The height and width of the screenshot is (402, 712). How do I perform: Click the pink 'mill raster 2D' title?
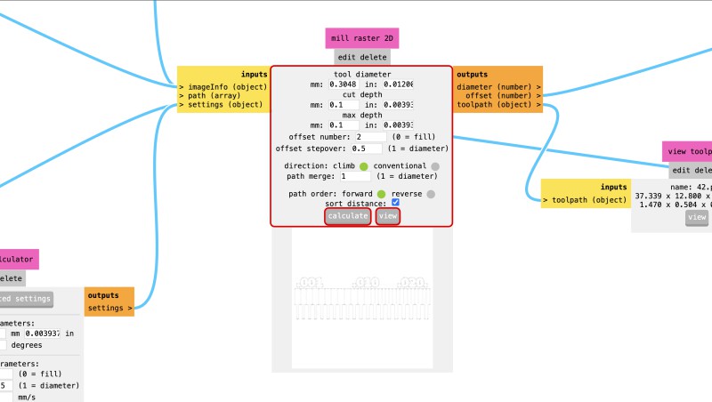(362, 38)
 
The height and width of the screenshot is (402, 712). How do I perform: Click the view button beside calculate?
(387, 216)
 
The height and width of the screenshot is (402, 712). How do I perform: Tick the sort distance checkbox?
(396, 204)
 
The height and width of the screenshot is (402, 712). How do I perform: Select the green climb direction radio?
(364, 166)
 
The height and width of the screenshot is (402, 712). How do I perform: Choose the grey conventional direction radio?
(435, 166)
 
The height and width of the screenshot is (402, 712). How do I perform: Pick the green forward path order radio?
(380, 193)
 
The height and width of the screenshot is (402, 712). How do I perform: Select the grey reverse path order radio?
(431, 193)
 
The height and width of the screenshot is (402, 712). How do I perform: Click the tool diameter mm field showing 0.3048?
(344, 84)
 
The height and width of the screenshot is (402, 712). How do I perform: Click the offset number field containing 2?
(368, 137)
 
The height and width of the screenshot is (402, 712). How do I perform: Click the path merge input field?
(355, 176)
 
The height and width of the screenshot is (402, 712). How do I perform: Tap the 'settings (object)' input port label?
(222, 105)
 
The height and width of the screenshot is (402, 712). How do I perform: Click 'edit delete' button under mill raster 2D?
(361, 57)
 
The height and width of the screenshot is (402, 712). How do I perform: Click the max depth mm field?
(344, 125)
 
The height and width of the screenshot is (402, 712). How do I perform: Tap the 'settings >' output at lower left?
(110, 309)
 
